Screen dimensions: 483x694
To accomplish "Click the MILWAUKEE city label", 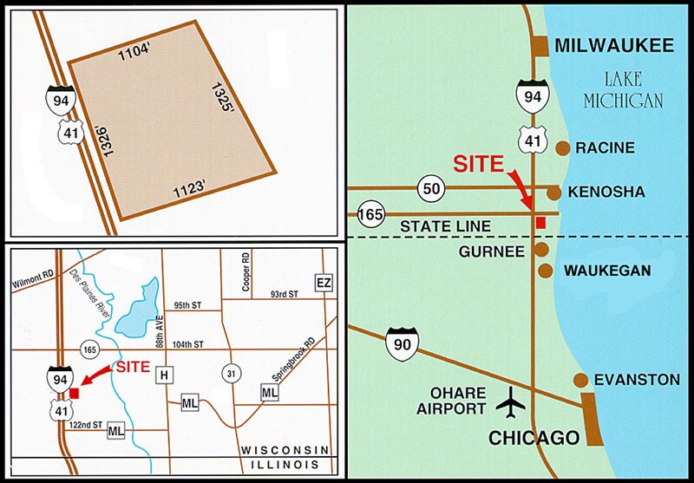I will coord(613,45).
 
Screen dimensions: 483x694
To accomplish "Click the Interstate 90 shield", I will coord(401,340).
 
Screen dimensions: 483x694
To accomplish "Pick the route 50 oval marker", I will coord(431,187).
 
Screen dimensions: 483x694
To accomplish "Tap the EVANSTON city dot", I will coord(580,380).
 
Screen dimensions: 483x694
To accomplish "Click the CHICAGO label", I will coord(534,437).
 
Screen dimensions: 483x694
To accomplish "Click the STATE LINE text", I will coord(445,226).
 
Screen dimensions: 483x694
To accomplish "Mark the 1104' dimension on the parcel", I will coord(135,50).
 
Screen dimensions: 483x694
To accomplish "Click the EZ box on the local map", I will coord(324,284).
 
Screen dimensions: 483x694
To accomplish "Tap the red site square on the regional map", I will coord(540,223).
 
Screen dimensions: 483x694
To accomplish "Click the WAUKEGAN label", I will coord(607,271).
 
